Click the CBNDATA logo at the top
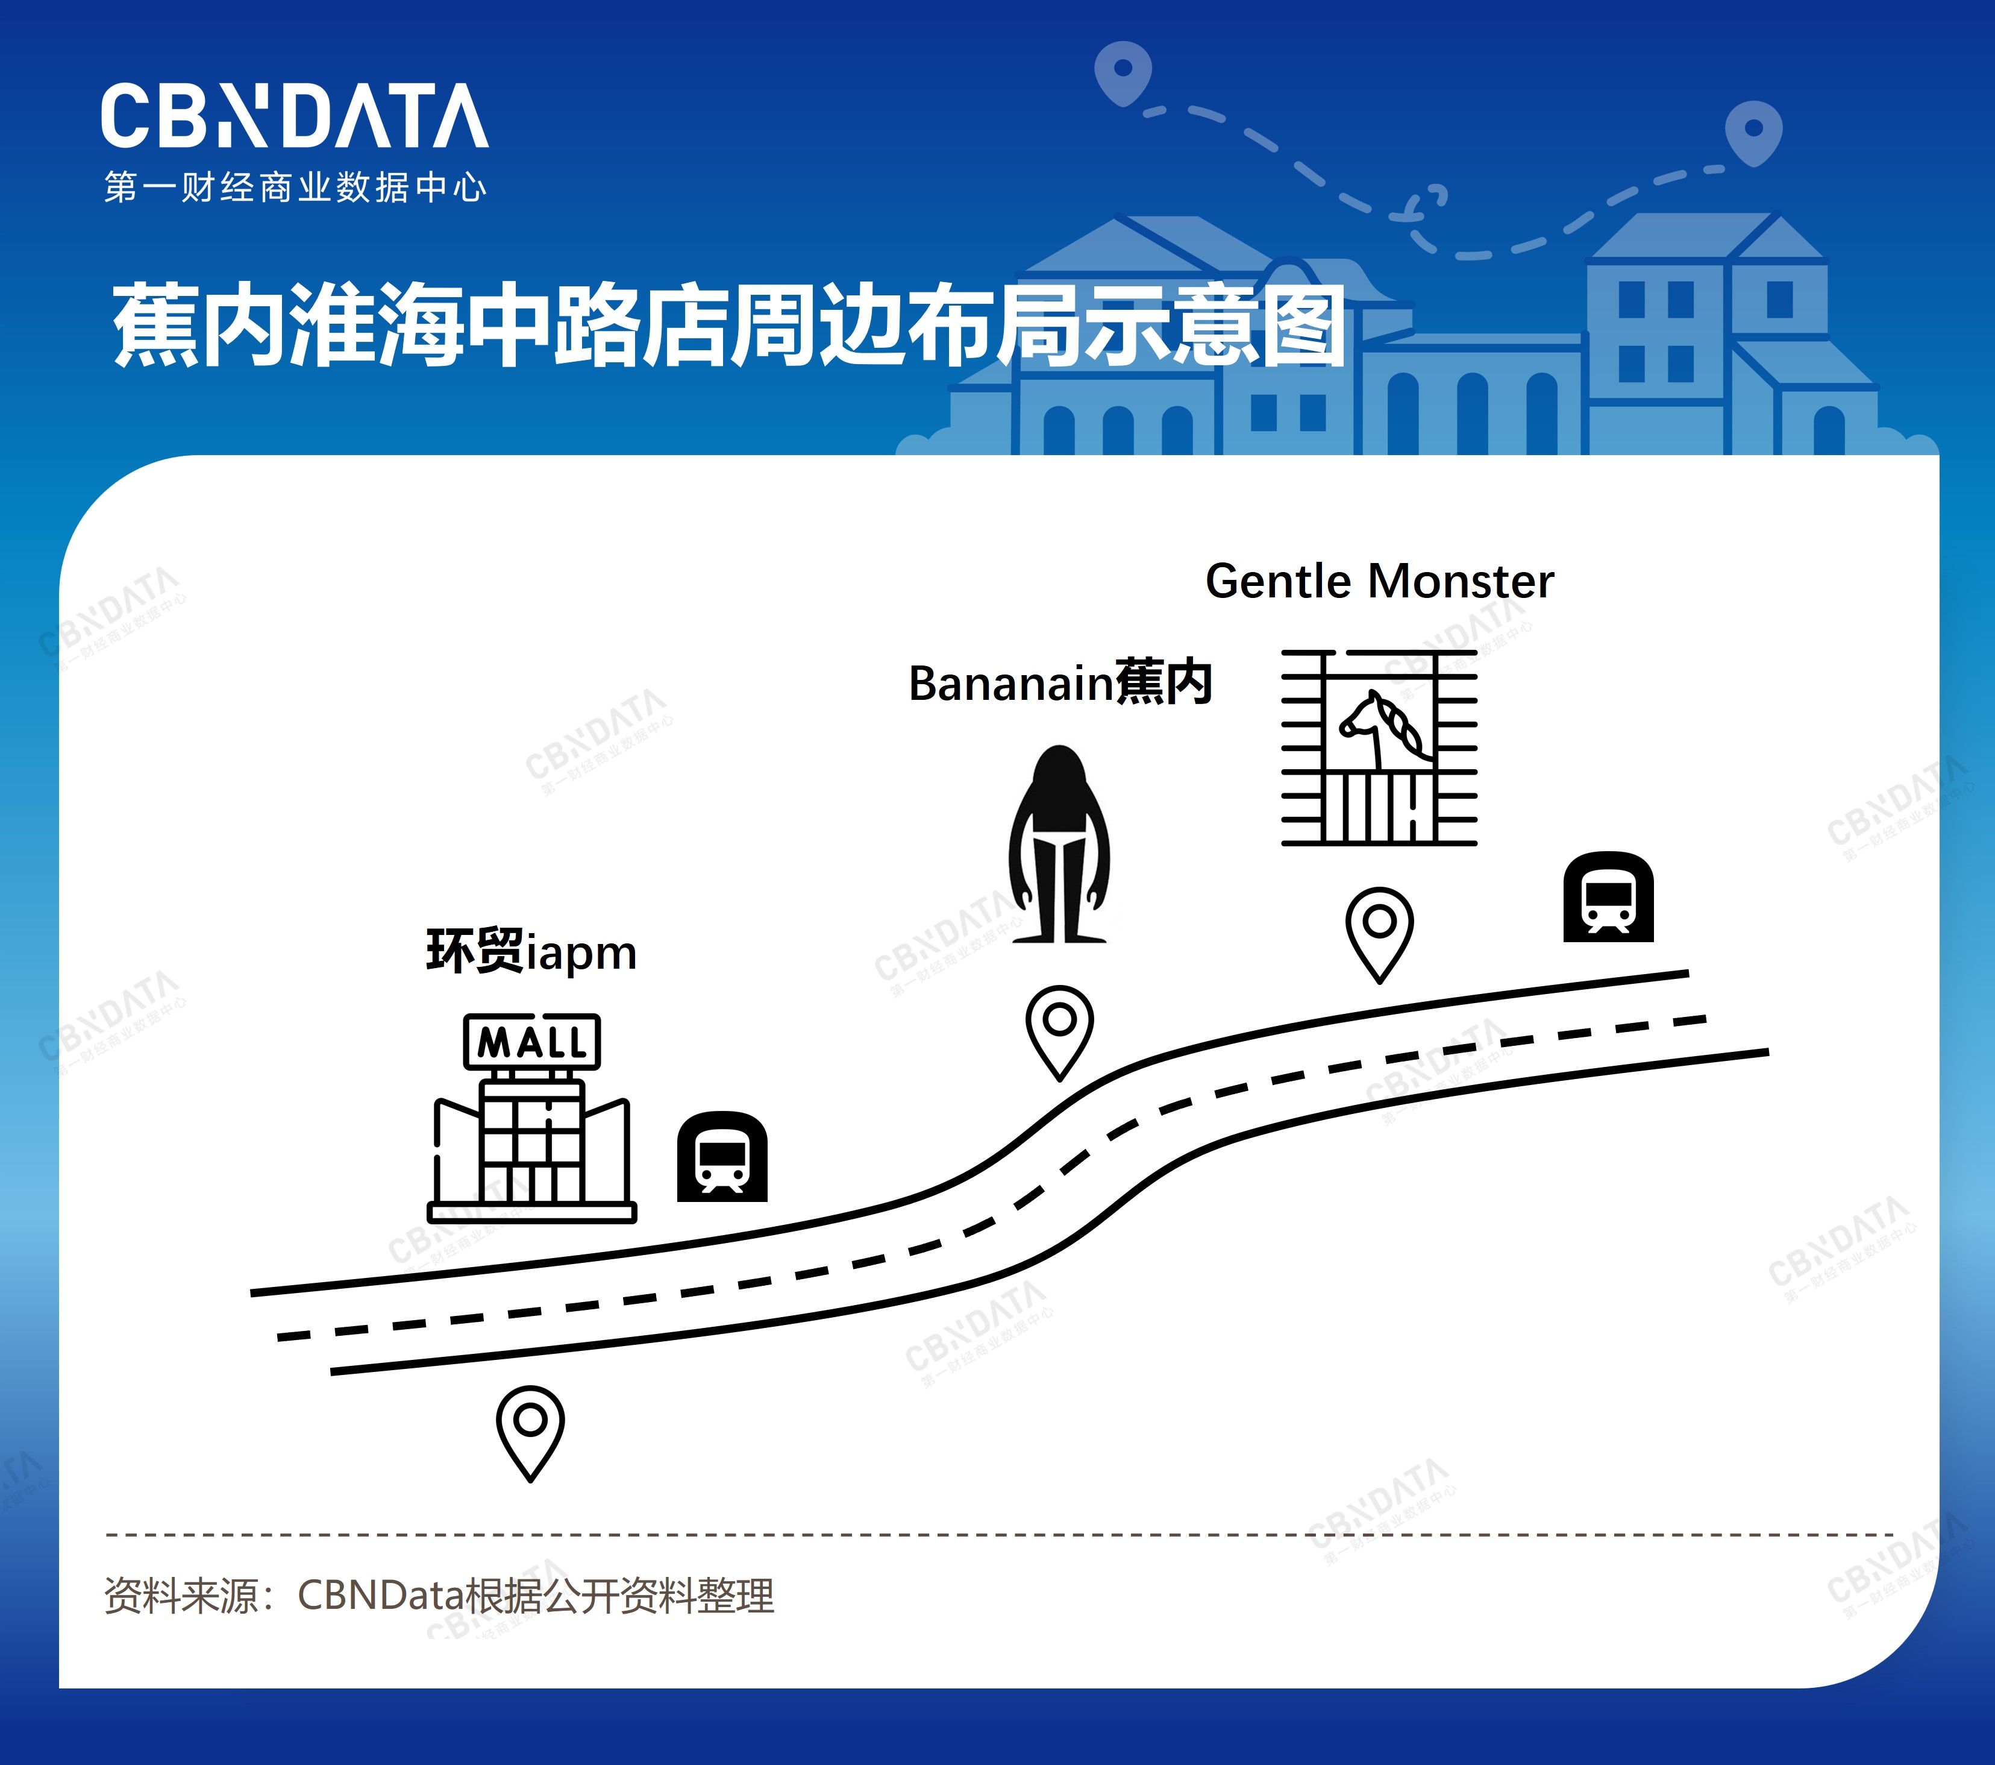[294, 116]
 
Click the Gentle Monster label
[1379, 582]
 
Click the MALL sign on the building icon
[532, 1042]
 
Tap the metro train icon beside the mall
[722, 1157]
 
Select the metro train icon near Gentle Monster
[1609, 897]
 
